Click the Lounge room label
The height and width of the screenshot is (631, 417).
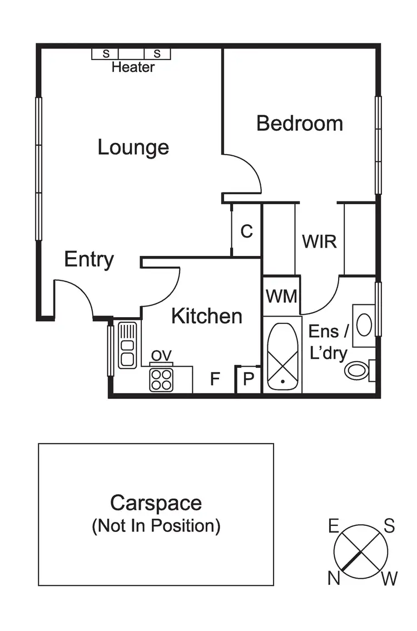pos(133,147)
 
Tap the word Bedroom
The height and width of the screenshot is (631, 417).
pos(299,123)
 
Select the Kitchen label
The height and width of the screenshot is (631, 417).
pos(206,316)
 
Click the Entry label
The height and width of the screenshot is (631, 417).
pos(89,259)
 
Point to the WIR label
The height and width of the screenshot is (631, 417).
pos(319,241)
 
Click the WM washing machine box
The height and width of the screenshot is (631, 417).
pos(281,295)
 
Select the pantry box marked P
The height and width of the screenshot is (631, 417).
pos(249,379)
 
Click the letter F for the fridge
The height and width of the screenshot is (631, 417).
pos(215,379)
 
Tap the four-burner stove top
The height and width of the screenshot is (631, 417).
pos(161,379)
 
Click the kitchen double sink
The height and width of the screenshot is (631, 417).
pos(127,345)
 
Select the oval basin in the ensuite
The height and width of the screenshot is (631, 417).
pos(364,325)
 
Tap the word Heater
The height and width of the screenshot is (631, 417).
pos(133,68)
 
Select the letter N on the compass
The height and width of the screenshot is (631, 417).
pos(334,579)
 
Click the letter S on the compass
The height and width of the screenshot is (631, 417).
pos(389,525)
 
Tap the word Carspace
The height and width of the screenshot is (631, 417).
pos(156,503)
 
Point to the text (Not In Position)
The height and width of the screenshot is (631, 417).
pos(156,526)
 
